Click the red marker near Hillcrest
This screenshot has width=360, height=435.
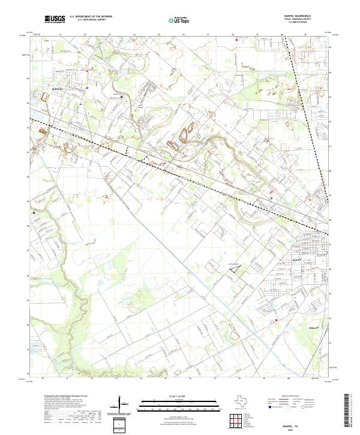pos(275,320)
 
